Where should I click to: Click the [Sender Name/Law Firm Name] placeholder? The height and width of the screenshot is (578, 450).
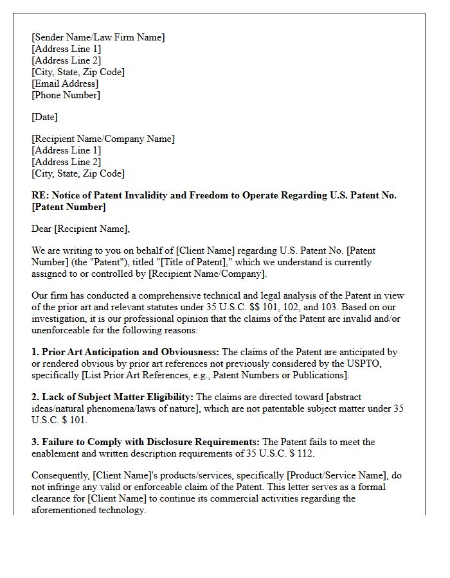pyautogui.click(x=98, y=37)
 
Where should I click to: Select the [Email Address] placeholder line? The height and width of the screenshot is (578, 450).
pyautogui.click(x=65, y=83)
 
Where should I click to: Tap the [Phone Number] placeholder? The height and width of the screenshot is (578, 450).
pyautogui.click(x=66, y=95)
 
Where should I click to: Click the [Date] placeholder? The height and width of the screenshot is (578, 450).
pyautogui.click(x=44, y=117)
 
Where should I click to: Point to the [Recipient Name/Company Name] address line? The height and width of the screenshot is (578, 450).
pyautogui.click(x=103, y=139)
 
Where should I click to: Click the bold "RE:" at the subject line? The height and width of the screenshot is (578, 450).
pyautogui.click(x=39, y=195)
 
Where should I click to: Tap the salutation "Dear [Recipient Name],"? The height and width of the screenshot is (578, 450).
pyautogui.click(x=80, y=228)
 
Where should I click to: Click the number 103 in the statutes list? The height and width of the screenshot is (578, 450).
pyautogui.click(x=305, y=307)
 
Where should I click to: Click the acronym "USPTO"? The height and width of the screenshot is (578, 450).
pyautogui.click(x=382, y=363)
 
